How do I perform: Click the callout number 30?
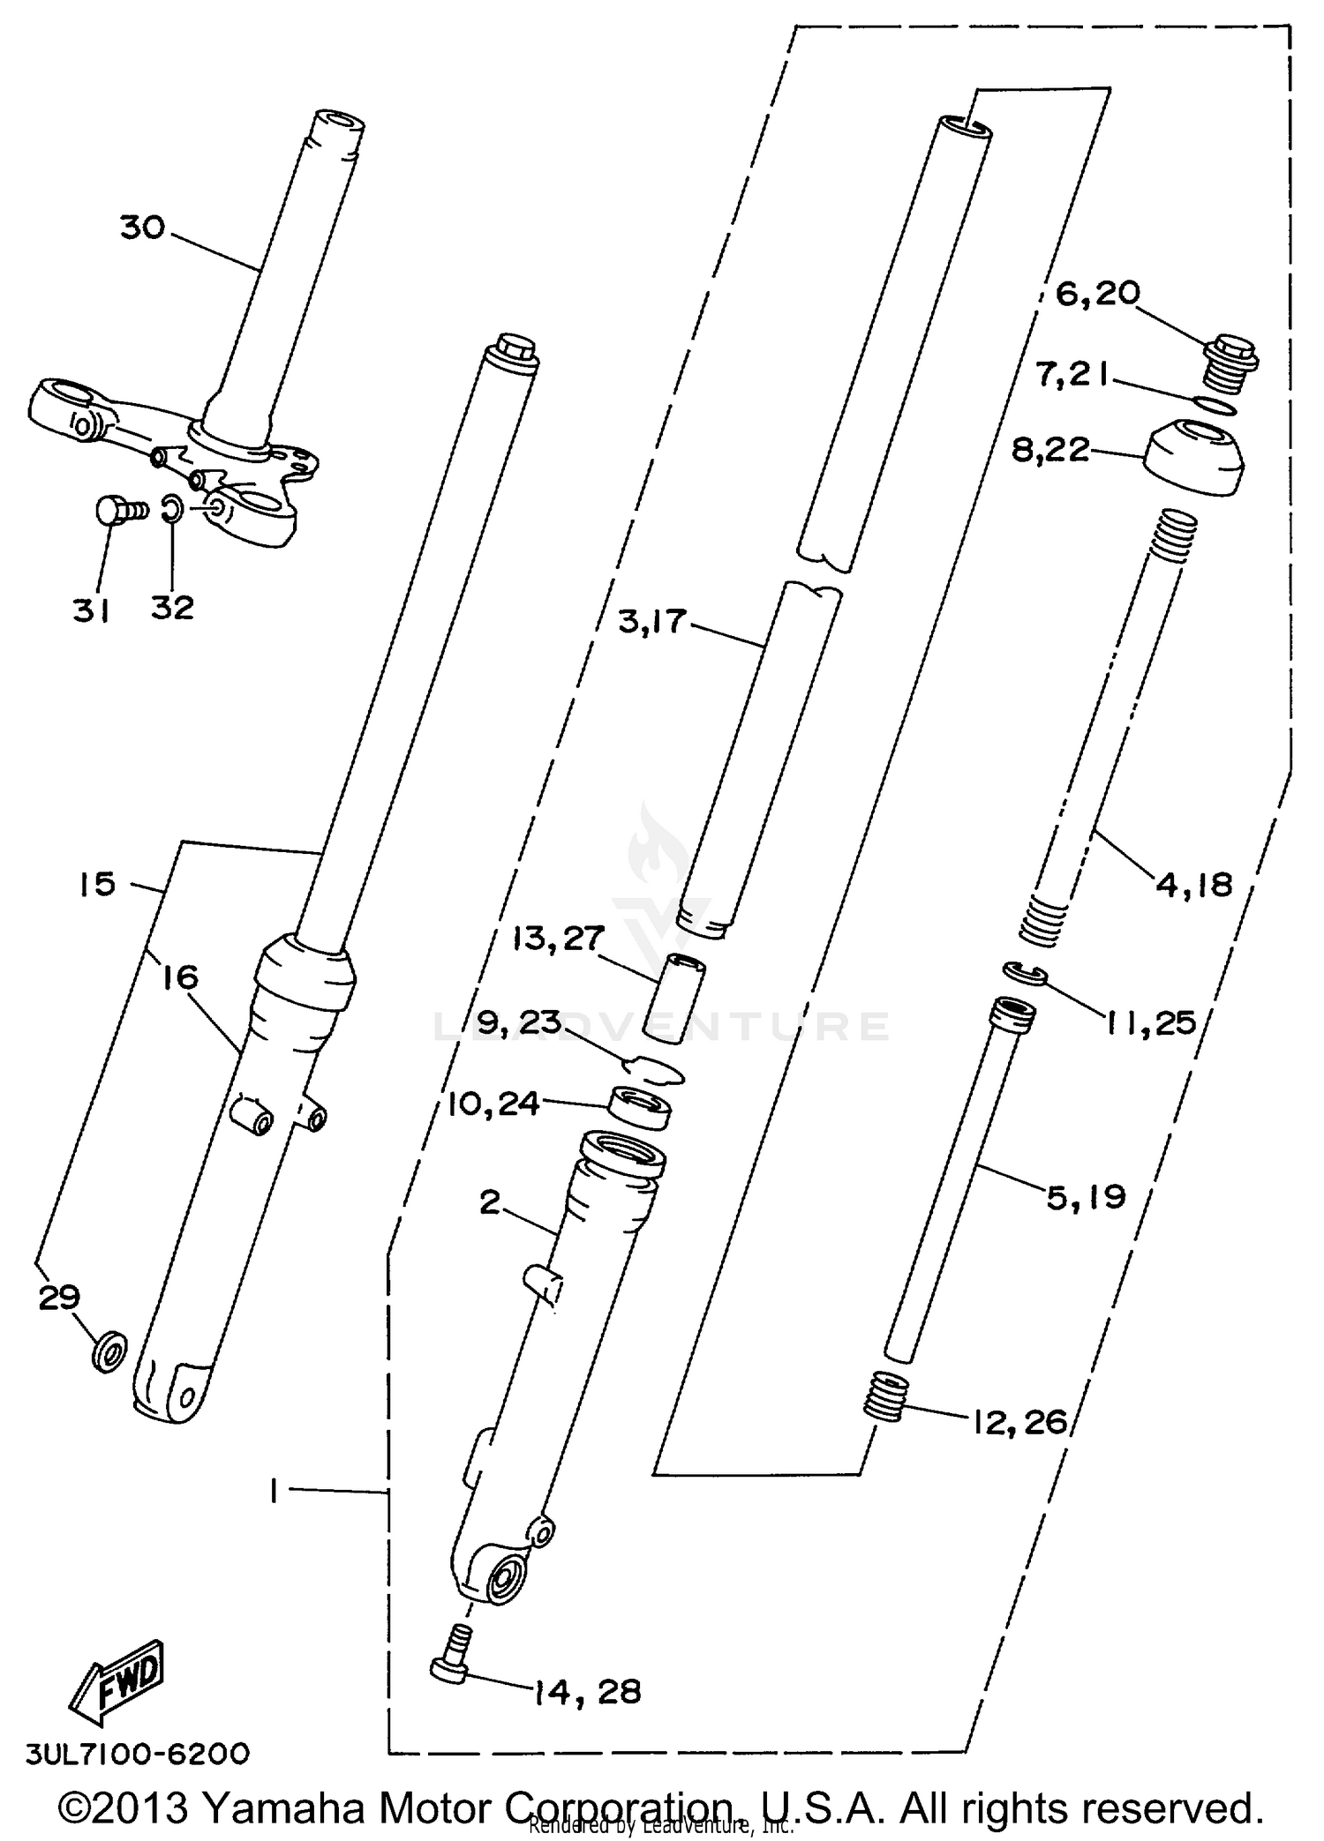point(143,228)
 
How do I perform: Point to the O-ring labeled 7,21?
point(1215,405)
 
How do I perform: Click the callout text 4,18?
point(1193,883)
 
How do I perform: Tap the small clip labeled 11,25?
point(1025,974)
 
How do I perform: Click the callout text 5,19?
point(1086,1197)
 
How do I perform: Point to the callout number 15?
point(97,883)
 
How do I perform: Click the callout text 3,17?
point(651,621)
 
